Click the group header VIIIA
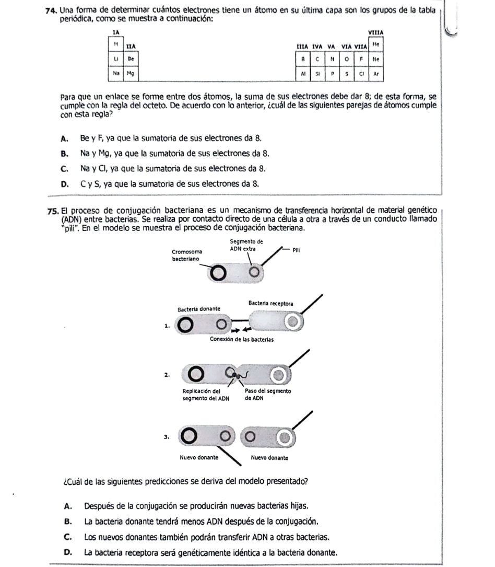375,33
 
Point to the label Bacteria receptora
270,303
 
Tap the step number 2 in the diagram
166,375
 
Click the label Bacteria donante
199,309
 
